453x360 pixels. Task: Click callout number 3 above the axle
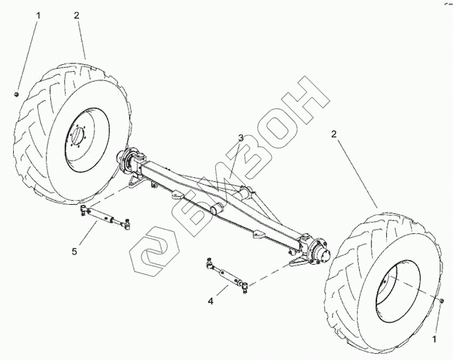(x=241, y=138)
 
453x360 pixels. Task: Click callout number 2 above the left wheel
(x=77, y=14)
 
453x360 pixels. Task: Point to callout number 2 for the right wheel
(x=334, y=134)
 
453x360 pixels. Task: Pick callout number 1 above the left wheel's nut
(x=19, y=14)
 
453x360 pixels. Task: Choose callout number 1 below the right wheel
(x=434, y=339)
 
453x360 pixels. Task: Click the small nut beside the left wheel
(x=16, y=94)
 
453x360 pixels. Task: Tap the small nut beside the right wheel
(x=441, y=301)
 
